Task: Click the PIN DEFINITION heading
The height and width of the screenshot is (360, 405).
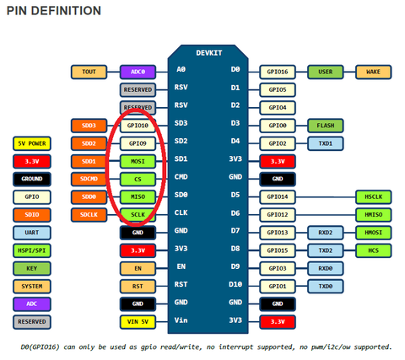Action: click(54, 11)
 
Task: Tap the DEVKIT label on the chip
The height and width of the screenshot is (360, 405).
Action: click(209, 53)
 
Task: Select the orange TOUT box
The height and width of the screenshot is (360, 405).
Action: click(89, 72)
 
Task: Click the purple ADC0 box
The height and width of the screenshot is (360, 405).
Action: click(138, 72)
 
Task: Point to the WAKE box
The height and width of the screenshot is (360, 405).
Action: click(374, 72)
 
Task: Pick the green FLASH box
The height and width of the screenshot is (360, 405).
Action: click(326, 126)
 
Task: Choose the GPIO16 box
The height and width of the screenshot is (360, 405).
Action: click(278, 72)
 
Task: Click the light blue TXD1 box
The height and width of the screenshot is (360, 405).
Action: click(326, 143)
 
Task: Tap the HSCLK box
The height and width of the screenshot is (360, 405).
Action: click(374, 197)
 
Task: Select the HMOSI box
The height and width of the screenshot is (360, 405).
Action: click(374, 233)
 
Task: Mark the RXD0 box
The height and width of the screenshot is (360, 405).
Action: click(326, 268)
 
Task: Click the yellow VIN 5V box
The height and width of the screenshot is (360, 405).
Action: click(138, 322)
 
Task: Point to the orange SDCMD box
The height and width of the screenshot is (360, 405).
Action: click(89, 180)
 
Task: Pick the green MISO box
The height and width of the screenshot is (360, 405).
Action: click(138, 197)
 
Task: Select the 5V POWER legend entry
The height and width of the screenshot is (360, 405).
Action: click(32, 143)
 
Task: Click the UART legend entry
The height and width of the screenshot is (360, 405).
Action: click(32, 233)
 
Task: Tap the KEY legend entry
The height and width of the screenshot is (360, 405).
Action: click(32, 268)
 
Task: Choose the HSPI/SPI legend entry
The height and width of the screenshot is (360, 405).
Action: click(32, 250)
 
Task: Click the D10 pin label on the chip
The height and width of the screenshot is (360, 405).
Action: click(235, 284)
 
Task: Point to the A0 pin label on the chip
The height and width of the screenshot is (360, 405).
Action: click(181, 69)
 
